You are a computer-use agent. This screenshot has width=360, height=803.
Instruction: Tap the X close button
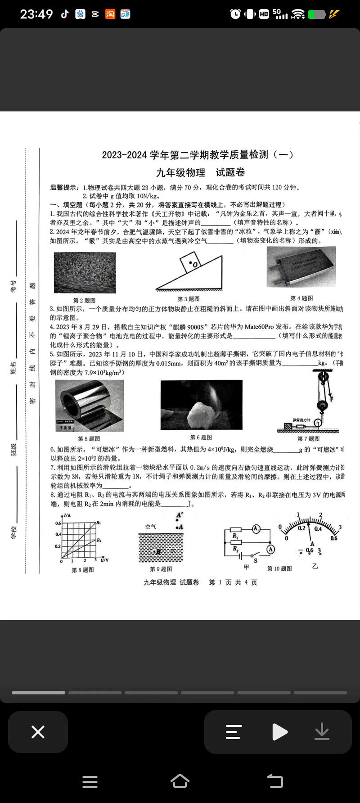coord(38,732)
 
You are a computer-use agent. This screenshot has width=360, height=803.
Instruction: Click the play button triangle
coord(279,732)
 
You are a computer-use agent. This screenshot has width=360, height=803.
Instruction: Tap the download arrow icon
coord(322,732)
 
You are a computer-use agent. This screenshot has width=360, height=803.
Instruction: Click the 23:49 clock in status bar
coord(36,14)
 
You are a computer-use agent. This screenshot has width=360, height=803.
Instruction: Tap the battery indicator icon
coord(316,14)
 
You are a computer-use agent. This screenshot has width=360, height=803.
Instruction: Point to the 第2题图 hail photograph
coord(85,273)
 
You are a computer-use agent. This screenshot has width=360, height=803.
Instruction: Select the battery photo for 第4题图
coord(301,267)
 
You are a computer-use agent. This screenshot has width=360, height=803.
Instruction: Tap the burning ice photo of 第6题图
coord(201,405)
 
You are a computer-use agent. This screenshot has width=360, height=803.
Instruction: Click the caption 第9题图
coord(161,569)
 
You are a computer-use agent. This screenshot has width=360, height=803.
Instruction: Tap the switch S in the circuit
coord(255,555)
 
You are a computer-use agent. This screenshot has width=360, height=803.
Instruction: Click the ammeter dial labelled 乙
coord(310,533)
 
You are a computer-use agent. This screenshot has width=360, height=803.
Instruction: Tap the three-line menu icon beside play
coord(234,732)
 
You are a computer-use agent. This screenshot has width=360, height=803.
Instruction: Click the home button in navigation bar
coord(180,781)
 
